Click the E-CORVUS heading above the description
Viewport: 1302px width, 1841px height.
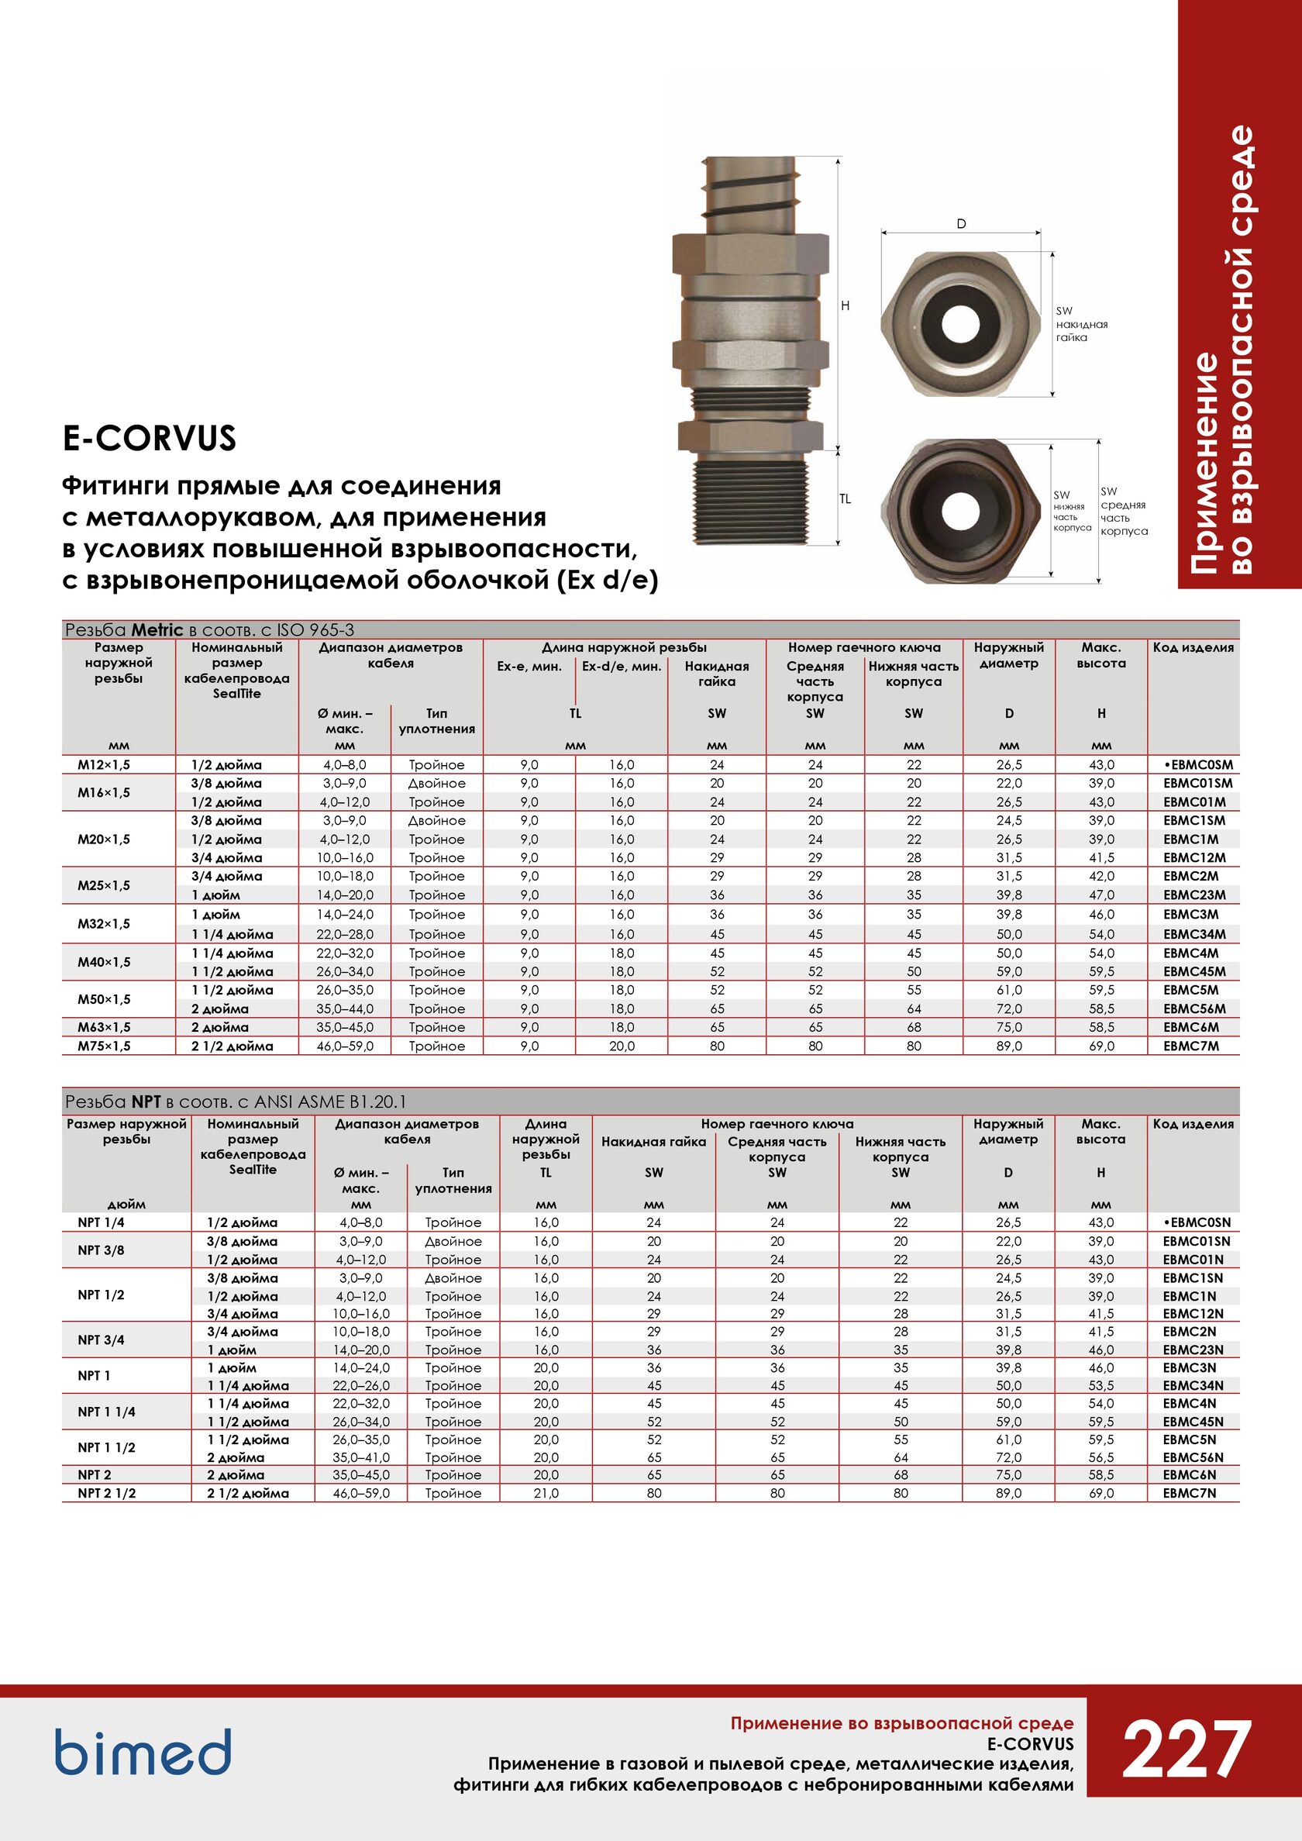coord(149,438)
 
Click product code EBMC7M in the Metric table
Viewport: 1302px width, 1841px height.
coord(1190,1046)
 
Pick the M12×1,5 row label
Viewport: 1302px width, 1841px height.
coord(103,765)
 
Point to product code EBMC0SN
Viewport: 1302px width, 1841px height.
coord(1196,1222)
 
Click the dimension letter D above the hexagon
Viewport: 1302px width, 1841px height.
coord(961,225)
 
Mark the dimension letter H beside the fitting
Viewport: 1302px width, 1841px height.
coord(845,305)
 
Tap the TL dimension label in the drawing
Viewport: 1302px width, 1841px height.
coord(845,498)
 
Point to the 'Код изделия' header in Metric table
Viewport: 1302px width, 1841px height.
coord(1193,647)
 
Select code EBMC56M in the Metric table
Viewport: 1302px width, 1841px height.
coord(1194,1008)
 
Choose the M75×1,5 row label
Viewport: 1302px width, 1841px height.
coord(103,1046)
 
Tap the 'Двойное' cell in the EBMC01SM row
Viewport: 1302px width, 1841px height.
coord(437,784)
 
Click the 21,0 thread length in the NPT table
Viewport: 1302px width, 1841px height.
coord(546,1493)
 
